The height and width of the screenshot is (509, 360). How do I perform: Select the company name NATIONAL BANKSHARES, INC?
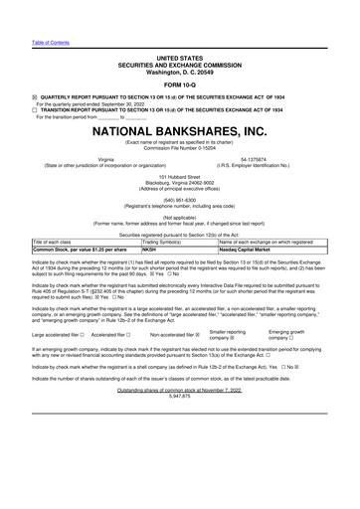(180, 130)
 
